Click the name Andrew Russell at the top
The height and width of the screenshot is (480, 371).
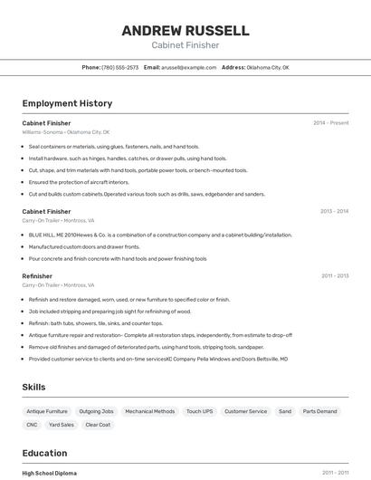(x=185, y=31)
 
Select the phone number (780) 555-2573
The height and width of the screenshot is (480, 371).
(x=119, y=67)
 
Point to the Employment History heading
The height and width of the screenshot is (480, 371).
(x=67, y=103)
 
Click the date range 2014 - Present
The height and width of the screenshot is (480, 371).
(x=330, y=122)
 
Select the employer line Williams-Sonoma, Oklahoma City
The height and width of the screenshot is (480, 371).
(x=65, y=131)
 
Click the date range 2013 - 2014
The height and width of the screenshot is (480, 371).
(x=334, y=211)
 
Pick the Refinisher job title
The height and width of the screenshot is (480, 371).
(x=37, y=275)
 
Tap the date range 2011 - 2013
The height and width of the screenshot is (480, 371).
(x=334, y=275)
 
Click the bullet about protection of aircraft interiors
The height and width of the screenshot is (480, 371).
(x=79, y=182)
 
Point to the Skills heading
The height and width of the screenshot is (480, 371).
(x=33, y=387)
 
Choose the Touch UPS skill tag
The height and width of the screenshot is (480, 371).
(x=199, y=411)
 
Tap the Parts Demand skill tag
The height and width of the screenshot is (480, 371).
(x=319, y=411)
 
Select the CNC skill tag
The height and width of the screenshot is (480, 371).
(x=32, y=424)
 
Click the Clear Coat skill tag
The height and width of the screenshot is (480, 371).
(x=98, y=424)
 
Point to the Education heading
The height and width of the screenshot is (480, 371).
(x=44, y=453)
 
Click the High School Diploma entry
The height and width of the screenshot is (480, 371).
(x=49, y=473)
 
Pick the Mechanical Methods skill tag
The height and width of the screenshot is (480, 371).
(x=149, y=411)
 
